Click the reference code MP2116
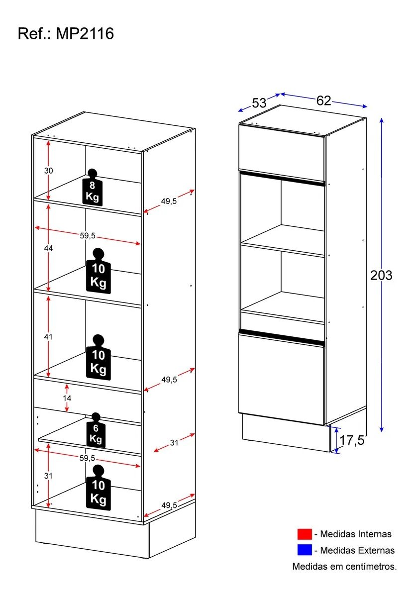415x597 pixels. point(85,34)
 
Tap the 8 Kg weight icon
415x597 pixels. point(92,188)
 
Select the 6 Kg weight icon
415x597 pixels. point(96,430)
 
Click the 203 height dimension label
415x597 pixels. point(381,275)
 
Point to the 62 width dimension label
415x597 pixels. point(323,100)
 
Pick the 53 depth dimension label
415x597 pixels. point(259,103)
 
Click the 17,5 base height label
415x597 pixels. point(352,440)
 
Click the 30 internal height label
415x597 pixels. point(48,171)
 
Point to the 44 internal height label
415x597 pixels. point(48,248)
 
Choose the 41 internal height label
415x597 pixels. point(48,337)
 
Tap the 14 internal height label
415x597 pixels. point(67,398)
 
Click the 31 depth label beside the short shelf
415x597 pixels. point(174,443)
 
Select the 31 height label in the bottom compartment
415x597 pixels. point(48,476)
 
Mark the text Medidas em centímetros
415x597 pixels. point(344,566)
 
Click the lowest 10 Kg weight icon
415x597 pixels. point(98,488)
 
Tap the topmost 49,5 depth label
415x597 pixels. point(169,201)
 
